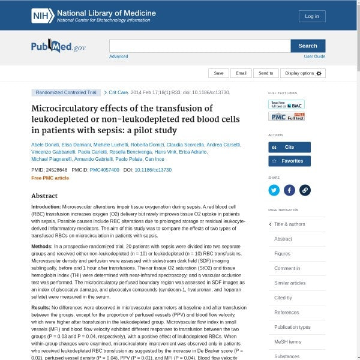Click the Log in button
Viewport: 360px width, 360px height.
312,16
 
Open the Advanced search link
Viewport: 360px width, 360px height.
118,56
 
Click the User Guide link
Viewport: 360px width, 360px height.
314,56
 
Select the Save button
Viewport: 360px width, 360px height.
218,73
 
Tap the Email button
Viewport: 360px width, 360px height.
241,73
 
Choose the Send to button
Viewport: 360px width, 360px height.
266,73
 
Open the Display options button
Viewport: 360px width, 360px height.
303,73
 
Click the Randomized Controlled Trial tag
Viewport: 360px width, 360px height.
66,93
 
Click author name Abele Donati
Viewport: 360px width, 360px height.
44,145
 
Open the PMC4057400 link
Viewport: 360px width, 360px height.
104,170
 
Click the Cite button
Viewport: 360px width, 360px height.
289,147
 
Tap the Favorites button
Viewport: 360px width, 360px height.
289,161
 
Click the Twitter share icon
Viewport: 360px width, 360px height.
274,190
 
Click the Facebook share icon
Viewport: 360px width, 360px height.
289,190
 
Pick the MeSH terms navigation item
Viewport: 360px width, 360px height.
287,341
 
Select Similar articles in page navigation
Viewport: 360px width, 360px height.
290,283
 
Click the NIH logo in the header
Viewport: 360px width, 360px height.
42,16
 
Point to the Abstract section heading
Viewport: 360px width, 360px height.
44,196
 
